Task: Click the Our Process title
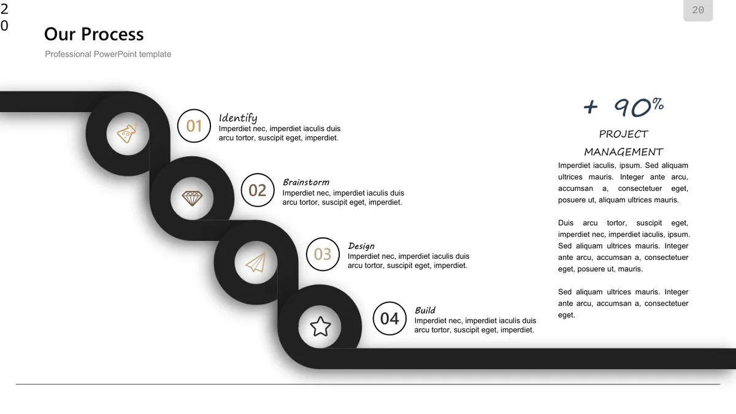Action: click(x=94, y=34)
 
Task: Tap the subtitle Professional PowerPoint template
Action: click(x=108, y=54)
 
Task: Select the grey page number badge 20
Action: click(x=698, y=10)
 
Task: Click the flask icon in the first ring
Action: click(x=128, y=133)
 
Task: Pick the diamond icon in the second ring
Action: click(x=192, y=199)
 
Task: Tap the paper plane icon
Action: click(x=256, y=263)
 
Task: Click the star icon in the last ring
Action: click(x=320, y=326)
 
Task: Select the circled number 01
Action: click(x=194, y=126)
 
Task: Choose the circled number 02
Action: click(x=258, y=190)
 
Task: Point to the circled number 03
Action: click(x=323, y=254)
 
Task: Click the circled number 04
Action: click(x=389, y=318)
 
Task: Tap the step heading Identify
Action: click(x=238, y=118)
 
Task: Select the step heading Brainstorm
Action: click(x=306, y=182)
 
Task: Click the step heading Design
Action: click(x=361, y=246)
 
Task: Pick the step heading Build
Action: click(x=425, y=310)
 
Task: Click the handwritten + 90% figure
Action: click(x=623, y=107)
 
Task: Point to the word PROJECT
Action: click(x=623, y=134)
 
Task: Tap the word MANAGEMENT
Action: click(x=623, y=152)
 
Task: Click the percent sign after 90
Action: click(x=657, y=104)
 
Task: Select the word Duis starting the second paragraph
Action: click(x=565, y=223)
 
